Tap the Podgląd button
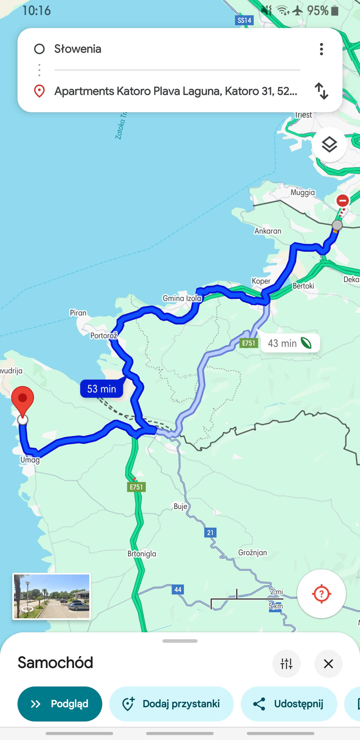60,703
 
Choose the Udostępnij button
289,703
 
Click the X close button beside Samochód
328,663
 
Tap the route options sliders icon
286,663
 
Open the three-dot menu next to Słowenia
321,49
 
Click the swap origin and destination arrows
321,91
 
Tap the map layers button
329,144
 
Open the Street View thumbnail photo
52,596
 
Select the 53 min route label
102,389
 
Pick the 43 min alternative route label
290,343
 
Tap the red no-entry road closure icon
342,200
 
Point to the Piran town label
78,312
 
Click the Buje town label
180,506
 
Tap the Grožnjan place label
252,552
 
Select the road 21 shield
210,532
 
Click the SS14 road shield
244,20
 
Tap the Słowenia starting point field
172,49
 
